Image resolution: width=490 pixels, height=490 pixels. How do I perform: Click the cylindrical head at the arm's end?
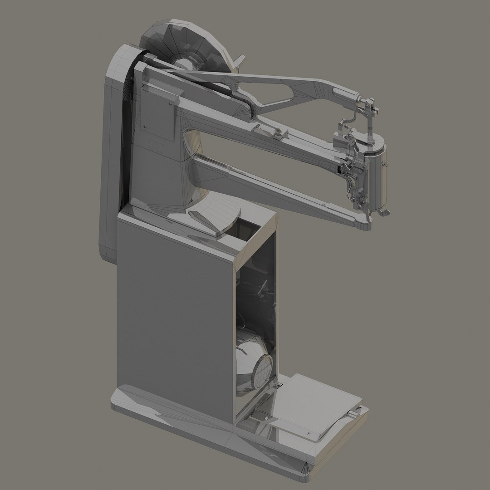377,175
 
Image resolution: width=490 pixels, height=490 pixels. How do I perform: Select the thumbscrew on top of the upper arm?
276,132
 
